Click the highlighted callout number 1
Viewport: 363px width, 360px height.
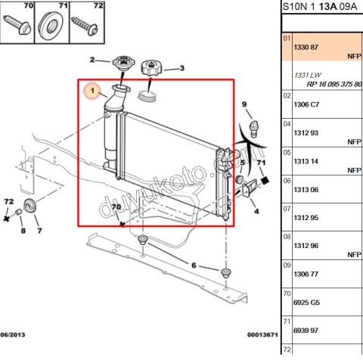[x=92, y=92]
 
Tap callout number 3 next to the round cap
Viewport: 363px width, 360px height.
[x=181, y=69]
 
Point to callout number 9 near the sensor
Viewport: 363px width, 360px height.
[x=244, y=104]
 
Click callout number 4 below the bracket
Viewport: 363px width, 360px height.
[x=256, y=212]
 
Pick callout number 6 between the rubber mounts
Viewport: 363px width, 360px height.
[x=194, y=265]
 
